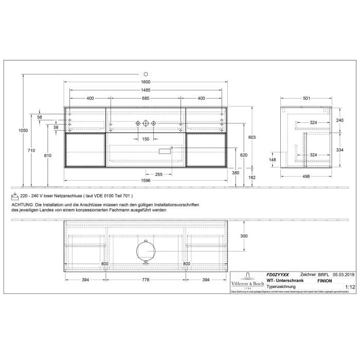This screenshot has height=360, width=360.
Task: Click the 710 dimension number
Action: [x=31, y=150]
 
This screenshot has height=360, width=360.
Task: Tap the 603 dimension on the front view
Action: [x=252, y=137]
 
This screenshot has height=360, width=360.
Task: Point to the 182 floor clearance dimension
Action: [x=251, y=177]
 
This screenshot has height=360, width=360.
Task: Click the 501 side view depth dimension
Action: [x=306, y=99]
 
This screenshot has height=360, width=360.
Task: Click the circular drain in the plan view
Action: [x=146, y=251]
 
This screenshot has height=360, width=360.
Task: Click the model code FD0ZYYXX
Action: [x=278, y=275]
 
